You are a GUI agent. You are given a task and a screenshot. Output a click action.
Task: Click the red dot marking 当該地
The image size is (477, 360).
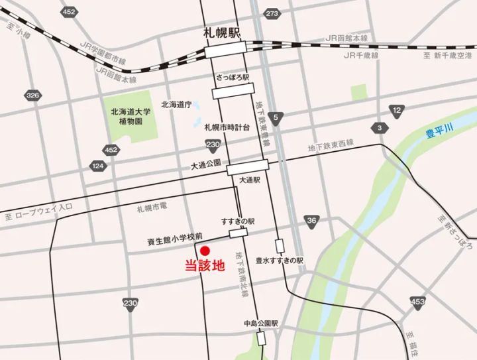[x=205, y=251]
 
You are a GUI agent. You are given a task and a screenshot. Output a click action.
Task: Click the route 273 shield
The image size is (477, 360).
[x=272, y=13]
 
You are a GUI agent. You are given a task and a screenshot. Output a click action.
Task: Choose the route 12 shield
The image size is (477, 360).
[x=397, y=110]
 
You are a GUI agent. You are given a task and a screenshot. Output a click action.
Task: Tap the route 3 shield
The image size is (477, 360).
[x=380, y=127]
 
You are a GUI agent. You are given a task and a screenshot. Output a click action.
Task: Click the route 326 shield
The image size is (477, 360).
[x=32, y=95]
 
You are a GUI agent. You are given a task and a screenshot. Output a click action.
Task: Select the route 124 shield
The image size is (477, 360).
[x=98, y=164]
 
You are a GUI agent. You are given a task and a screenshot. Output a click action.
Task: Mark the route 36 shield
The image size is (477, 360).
[x=311, y=221]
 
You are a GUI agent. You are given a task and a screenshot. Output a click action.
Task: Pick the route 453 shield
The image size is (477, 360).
[x=417, y=303]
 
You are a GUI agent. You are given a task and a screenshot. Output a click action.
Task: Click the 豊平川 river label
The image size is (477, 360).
[x=438, y=135]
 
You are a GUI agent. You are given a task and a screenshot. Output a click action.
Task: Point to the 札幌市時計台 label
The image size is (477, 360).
[x=227, y=127]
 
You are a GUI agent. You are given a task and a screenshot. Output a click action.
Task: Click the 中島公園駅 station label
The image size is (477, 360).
[x=259, y=324]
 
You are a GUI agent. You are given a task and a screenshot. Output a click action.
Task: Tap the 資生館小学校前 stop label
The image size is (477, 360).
[x=174, y=235]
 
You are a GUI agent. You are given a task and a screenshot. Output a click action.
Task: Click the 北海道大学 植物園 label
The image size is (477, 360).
[x=130, y=116]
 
